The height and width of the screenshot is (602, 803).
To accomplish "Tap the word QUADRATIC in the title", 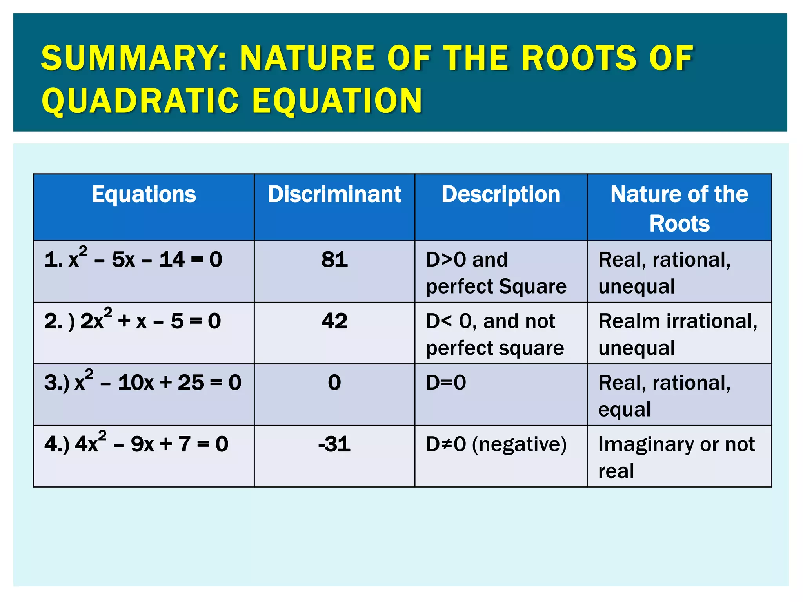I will tap(140, 101).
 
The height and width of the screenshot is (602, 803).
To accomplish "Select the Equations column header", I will tap(144, 194).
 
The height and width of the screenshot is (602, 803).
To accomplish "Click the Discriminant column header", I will tap(334, 194).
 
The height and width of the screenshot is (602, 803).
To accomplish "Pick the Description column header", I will tap(501, 194).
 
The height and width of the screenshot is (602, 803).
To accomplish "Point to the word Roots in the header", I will tap(679, 224).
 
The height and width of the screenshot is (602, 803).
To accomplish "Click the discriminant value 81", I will tap(334, 259).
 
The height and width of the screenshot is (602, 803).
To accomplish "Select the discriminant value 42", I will tap(334, 321).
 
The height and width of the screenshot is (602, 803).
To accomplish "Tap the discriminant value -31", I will tap(334, 444).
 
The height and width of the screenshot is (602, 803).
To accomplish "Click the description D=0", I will tap(446, 383).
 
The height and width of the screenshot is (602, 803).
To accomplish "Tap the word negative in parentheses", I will tap(520, 444).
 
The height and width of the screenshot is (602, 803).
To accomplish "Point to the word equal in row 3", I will tap(624, 410).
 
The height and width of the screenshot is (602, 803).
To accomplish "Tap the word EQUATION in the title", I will tap(337, 101).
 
